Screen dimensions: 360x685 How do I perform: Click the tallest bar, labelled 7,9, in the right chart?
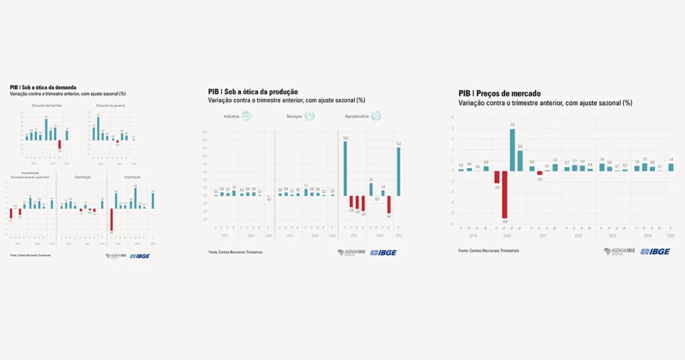point(512,149)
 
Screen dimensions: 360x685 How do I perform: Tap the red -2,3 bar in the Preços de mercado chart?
point(497,177)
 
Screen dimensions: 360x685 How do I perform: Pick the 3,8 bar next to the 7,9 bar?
point(520,161)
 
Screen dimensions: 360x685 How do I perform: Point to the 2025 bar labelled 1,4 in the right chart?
point(670,167)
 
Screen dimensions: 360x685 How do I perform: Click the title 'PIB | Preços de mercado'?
point(500,94)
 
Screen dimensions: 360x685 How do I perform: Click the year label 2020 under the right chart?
point(507,236)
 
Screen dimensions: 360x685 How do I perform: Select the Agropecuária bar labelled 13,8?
point(346,168)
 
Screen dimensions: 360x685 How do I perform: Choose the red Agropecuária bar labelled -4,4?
point(389,204)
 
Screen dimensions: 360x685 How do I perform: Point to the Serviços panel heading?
point(293,116)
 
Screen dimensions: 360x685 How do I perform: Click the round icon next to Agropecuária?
point(377,116)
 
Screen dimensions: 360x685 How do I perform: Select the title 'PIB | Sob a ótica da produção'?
point(253,92)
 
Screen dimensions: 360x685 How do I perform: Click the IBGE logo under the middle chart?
point(383,252)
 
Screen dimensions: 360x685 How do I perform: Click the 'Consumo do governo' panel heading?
point(110,106)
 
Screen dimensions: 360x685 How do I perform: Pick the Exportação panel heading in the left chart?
point(84,177)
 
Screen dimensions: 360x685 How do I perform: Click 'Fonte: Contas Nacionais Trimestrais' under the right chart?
point(488,250)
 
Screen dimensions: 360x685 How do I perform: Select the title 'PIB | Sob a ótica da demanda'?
point(43,87)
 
